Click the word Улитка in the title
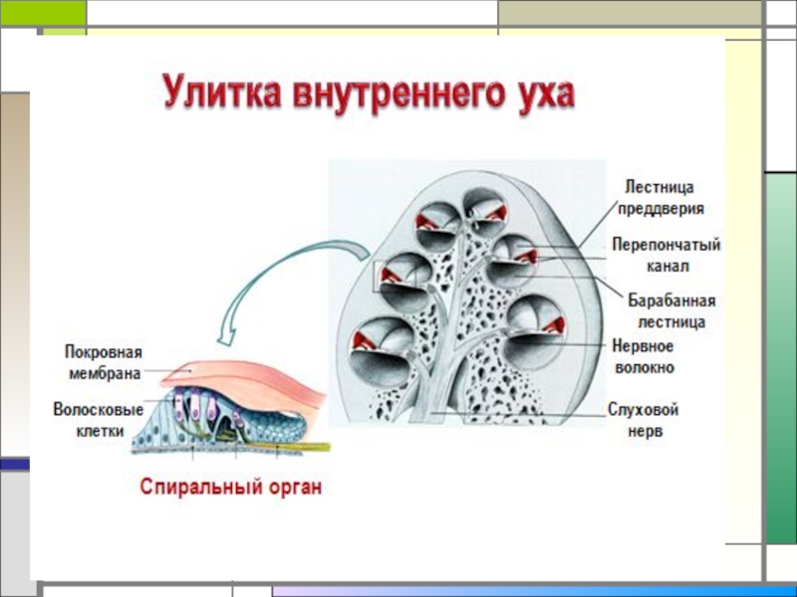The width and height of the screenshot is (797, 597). tap(220, 97)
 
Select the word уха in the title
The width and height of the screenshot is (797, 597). tap(539, 97)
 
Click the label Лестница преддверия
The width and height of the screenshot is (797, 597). tap(664, 197)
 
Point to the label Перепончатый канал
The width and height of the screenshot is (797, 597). tap(665, 255)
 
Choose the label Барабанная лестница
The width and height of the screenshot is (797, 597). tap(671, 310)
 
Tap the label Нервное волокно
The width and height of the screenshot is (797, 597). tap(643, 356)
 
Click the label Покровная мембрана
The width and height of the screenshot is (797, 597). tap(104, 363)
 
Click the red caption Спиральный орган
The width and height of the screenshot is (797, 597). tap(230, 489)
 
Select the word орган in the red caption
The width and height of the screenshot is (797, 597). tap(294, 489)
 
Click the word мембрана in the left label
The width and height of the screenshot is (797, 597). tap(104, 373)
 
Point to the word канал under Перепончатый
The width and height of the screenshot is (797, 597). tap(665, 267)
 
